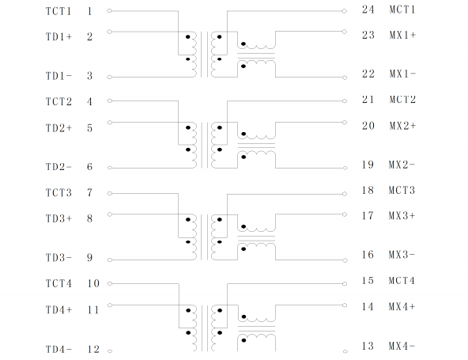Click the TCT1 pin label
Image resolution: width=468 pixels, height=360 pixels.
[x=58, y=11]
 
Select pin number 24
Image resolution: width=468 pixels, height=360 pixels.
[x=368, y=9]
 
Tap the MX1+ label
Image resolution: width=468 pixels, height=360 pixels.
[x=402, y=35]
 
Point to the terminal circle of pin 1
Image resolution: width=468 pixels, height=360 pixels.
[x=110, y=11]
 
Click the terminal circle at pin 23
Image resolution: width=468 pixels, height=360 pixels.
[x=344, y=32]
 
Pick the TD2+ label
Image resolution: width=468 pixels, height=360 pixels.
[x=58, y=128]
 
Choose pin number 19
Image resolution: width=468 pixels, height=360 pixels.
[x=368, y=165]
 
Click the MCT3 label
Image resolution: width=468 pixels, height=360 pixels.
[x=402, y=190]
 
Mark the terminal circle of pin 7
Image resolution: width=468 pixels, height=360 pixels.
[x=110, y=194]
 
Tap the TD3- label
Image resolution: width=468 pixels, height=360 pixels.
[x=58, y=257]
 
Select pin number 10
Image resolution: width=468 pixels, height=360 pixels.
[x=93, y=283]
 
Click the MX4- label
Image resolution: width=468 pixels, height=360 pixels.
[x=402, y=346]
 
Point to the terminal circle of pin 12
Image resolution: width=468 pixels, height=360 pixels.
[x=110, y=351]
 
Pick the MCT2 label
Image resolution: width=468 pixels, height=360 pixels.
[x=402, y=99]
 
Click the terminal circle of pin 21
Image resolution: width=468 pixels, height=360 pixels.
[x=345, y=101]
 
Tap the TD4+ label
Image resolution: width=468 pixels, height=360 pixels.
[x=58, y=310]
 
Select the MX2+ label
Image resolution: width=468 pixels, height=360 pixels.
[x=402, y=126]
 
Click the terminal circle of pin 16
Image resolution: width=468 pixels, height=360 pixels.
[x=345, y=260]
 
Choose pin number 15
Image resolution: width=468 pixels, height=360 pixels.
[x=368, y=281]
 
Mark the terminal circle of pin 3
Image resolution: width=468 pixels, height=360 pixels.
[x=110, y=77]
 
